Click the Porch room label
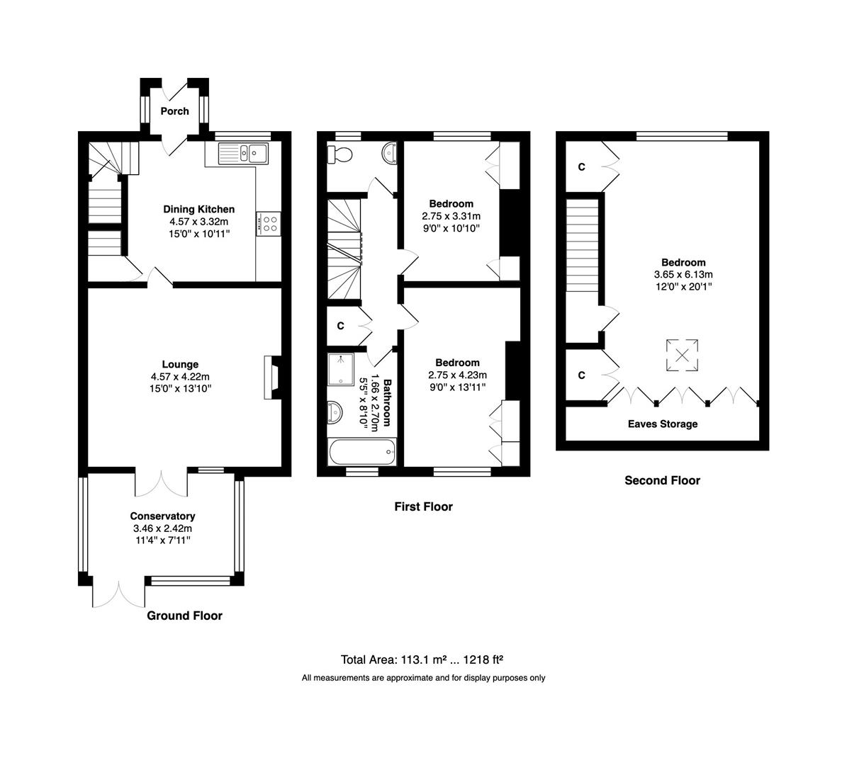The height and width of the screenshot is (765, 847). point(174,111)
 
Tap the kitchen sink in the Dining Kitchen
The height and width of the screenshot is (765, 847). point(243,153)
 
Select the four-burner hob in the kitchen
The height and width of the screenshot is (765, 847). point(269,224)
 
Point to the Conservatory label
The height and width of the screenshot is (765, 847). point(162,516)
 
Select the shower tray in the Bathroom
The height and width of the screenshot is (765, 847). point(341,369)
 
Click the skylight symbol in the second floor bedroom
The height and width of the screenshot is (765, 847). point(683,356)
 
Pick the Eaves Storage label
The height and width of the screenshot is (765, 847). point(662,424)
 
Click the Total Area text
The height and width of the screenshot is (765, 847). point(422,659)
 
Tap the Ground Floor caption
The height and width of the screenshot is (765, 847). point(185,616)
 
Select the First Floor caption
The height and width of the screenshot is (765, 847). point(424,506)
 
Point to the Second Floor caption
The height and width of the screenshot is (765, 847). point(662,480)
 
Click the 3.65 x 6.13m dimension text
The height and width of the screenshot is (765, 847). point(683,275)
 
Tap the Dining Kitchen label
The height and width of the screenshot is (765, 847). point(198,210)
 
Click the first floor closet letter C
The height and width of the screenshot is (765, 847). point(340,326)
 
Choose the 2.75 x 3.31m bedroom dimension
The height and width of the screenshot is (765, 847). point(451,216)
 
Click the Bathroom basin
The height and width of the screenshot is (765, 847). point(335,413)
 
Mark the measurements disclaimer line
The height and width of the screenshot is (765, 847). point(424,678)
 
